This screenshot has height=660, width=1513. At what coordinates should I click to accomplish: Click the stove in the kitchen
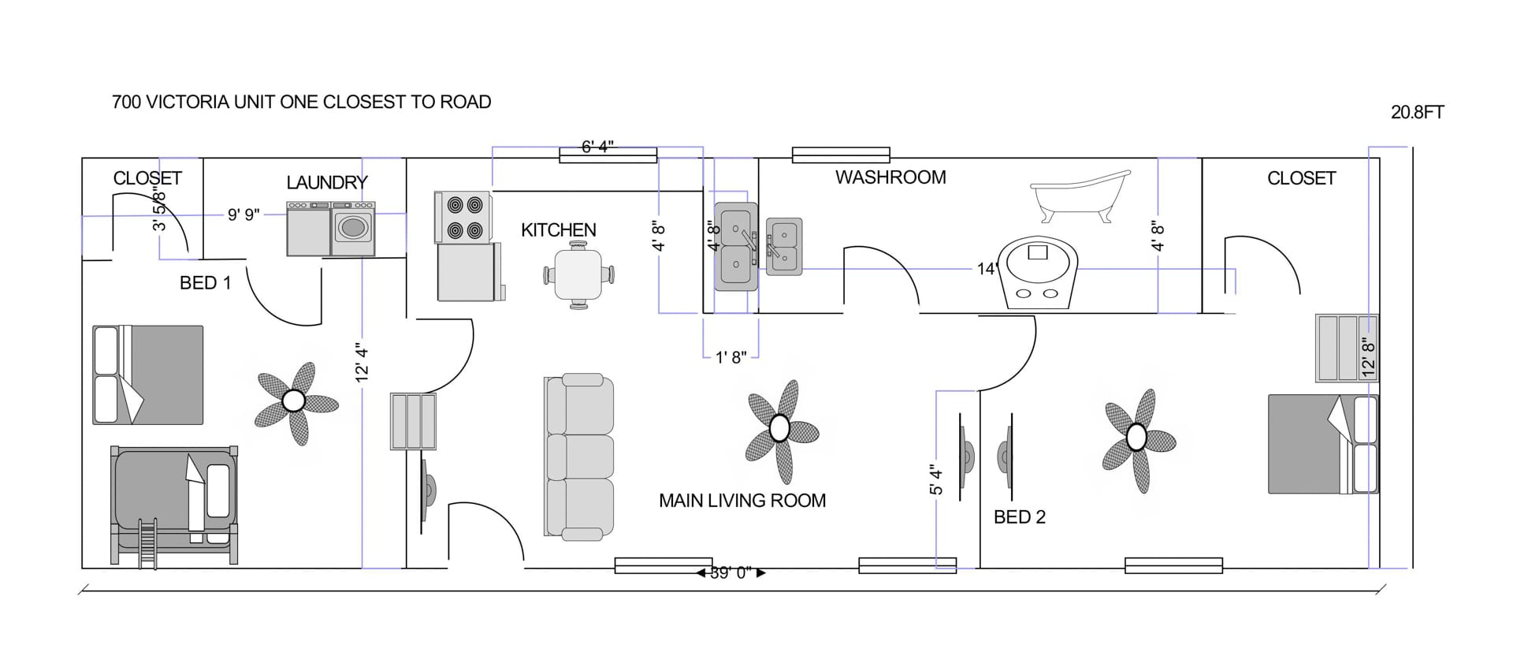tap(464, 217)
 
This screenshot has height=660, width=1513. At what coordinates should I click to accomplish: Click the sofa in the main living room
tap(578, 457)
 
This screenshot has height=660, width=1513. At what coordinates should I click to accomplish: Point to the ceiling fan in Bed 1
tap(295, 401)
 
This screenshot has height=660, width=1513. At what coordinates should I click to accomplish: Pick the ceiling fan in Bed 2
tap(1136, 436)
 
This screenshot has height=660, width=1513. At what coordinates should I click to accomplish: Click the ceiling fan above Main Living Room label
tap(779, 428)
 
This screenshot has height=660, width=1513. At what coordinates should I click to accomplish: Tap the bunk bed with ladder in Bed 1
tap(174, 505)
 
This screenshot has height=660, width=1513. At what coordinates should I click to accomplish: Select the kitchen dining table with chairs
tap(578, 274)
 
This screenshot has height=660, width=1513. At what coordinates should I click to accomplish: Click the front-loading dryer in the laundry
tap(353, 229)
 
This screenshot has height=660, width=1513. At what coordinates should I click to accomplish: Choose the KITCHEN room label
tap(558, 230)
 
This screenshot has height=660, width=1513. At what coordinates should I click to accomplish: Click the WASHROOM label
tap(890, 177)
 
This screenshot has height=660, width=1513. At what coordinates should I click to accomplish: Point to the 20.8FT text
tap(1417, 113)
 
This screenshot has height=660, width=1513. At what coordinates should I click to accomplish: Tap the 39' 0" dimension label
tap(730, 573)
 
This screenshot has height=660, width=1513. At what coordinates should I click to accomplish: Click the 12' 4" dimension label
tap(362, 362)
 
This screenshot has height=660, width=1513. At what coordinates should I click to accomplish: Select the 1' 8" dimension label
tap(730, 358)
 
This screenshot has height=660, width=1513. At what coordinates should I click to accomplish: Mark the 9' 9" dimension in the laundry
tap(243, 214)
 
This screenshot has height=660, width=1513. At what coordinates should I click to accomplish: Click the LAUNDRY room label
tap(327, 183)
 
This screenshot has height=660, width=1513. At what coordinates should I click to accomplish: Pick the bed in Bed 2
tap(1322, 444)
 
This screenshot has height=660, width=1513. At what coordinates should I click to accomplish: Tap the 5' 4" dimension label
tap(936, 479)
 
